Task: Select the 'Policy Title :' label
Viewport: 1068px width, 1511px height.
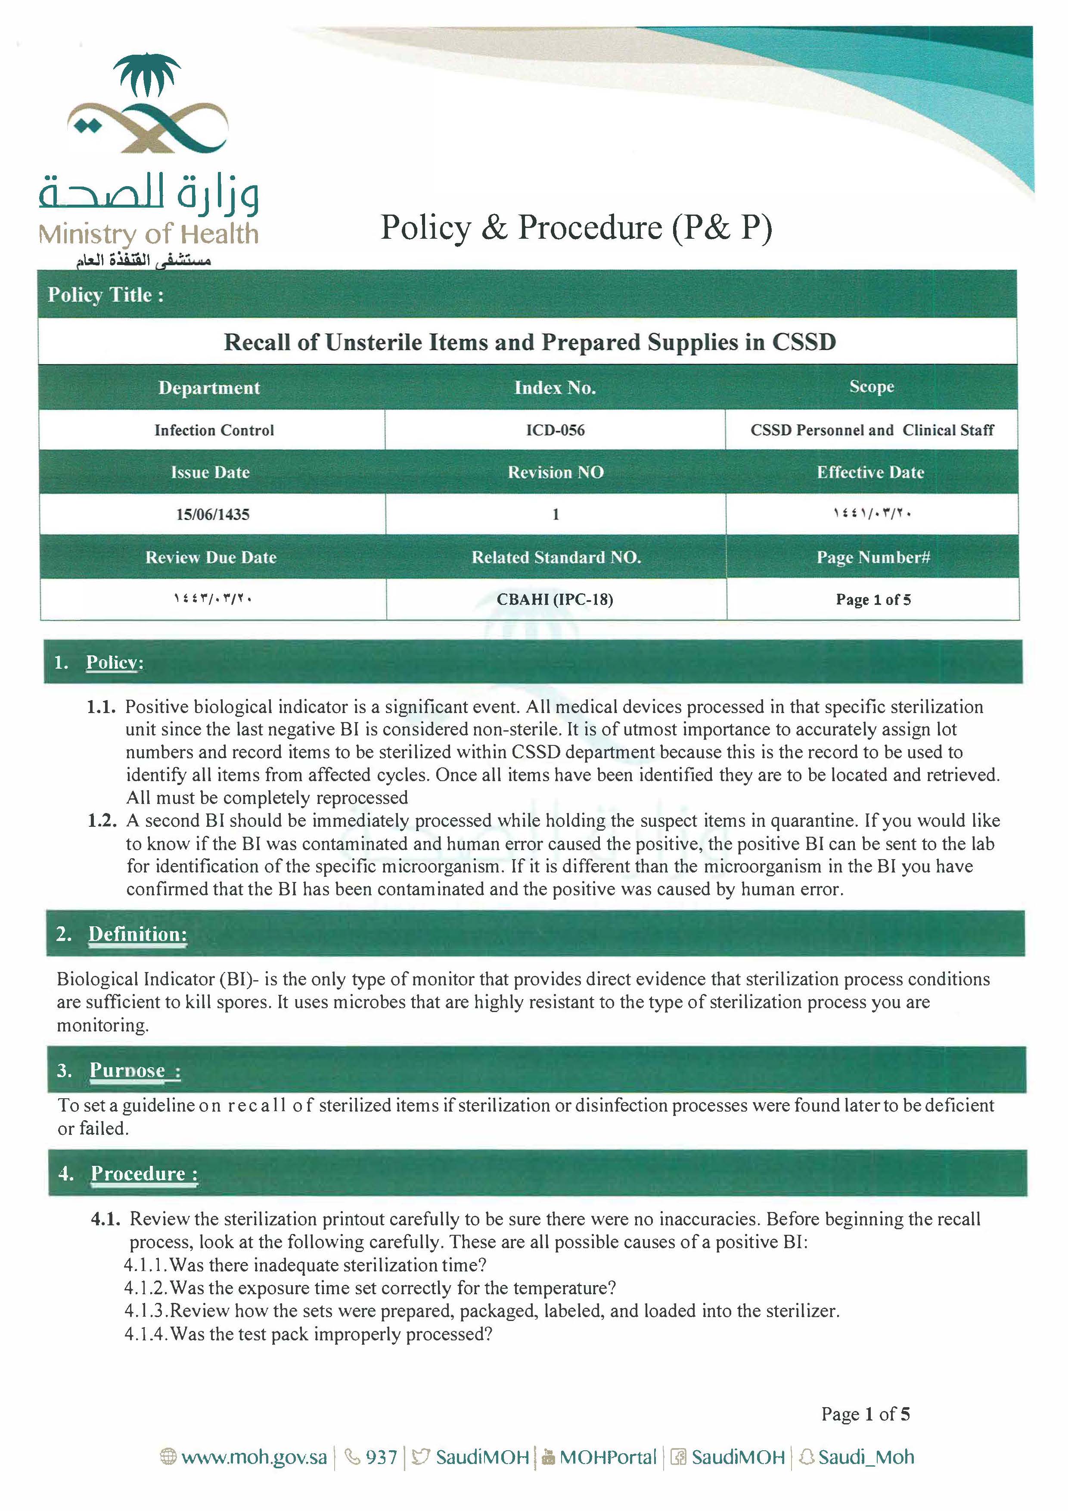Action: (x=105, y=295)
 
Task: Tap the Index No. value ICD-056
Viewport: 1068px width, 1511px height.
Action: (x=555, y=430)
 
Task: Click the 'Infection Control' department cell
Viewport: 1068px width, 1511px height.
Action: (x=214, y=430)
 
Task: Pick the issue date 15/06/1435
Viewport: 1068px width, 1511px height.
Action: (x=212, y=514)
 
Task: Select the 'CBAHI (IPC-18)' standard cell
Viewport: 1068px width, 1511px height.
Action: (x=555, y=599)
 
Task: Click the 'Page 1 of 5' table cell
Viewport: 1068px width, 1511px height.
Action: (x=872, y=599)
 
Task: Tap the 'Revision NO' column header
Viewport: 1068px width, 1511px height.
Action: (x=555, y=473)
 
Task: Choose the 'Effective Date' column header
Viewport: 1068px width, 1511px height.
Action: (x=870, y=473)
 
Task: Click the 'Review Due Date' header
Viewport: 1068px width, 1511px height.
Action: (x=211, y=558)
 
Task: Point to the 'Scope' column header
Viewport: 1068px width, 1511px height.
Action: (x=871, y=387)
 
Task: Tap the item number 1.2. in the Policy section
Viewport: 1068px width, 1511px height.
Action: (x=102, y=821)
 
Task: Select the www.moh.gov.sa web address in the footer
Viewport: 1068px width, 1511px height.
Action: (x=253, y=1458)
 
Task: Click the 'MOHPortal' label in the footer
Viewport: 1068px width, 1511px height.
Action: (x=607, y=1458)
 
